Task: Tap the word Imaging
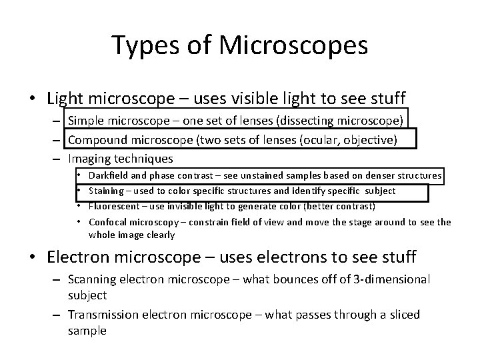pos(89,159)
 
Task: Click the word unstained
pos(253,175)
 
